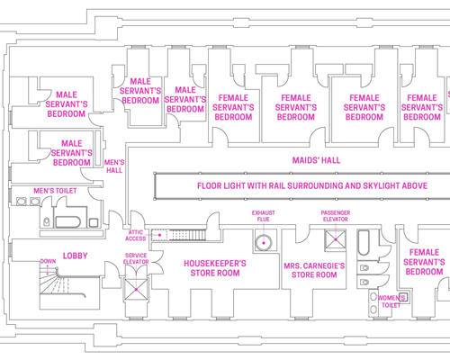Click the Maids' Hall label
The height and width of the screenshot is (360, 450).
click(x=316, y=160)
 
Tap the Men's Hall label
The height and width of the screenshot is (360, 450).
click(x=114, y=166)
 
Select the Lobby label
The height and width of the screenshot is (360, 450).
click(x=76, y=256)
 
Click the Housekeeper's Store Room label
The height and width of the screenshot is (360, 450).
click(x=215, y=268)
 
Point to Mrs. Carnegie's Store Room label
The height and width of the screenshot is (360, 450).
click(x=314, y=270)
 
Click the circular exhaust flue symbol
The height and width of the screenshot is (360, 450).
click(x=264, y=243)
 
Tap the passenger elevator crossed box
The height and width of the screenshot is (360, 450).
click(x=336, y=239)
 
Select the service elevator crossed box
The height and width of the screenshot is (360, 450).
click(x=136, y=290)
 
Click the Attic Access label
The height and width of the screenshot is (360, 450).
click(x=136, y=236)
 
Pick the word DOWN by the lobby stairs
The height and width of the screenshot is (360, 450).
click(x=48, y=261)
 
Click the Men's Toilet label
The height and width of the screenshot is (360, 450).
click(x=55, y=191)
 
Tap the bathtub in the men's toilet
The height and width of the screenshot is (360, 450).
click(x=68, y=222)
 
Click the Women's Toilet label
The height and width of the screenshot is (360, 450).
click(x=391, y=301)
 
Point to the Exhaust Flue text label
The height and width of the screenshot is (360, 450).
click(x=264, y=216)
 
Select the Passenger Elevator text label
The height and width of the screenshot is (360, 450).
click(x=336, y=216)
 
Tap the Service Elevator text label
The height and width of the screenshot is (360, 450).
click(x=136, y=258)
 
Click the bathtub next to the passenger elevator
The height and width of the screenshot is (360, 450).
click(x=364, y=243)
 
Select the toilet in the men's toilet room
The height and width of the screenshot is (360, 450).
click(x=47, y=221)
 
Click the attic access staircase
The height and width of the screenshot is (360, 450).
click(x=179, y=235)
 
